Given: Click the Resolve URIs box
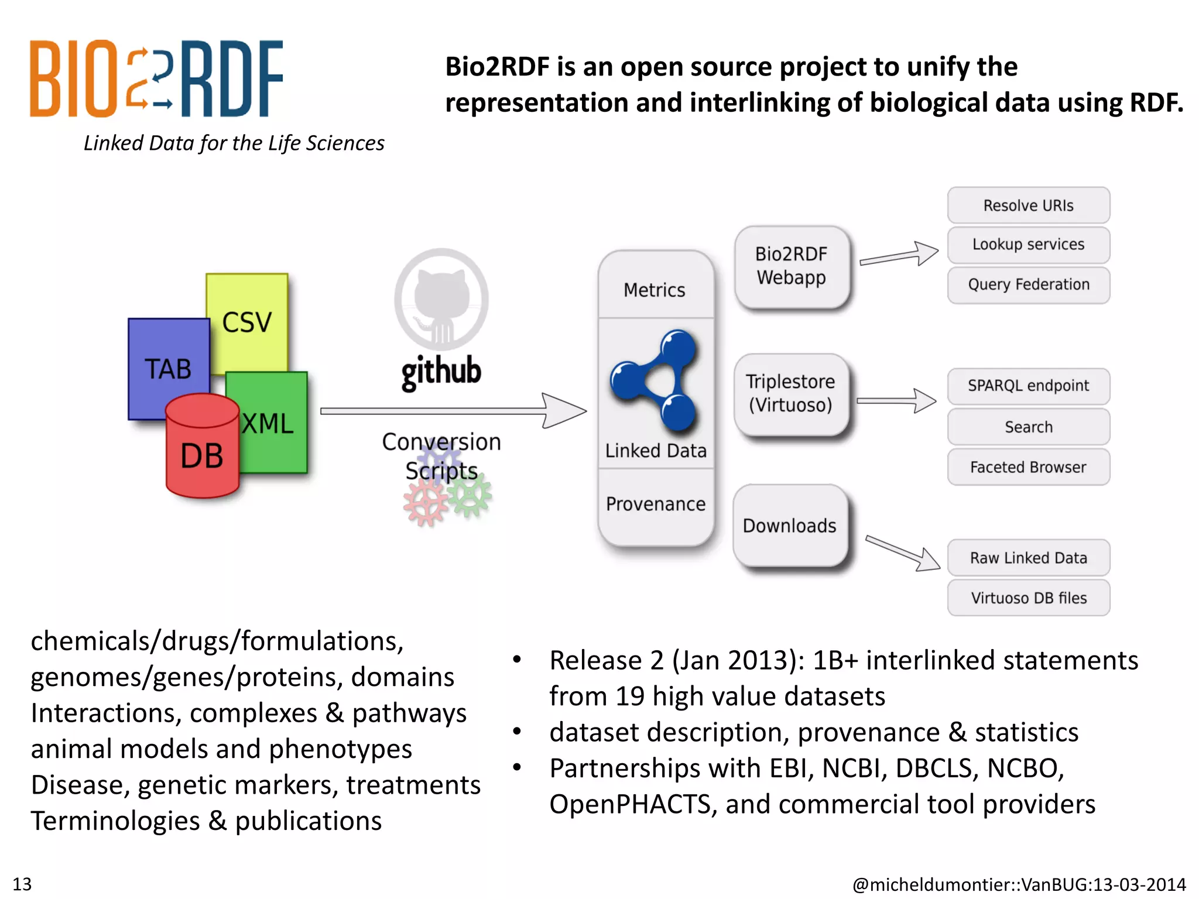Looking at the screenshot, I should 1028,205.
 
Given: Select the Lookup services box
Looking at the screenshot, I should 1028,245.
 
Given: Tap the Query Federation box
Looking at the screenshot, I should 1028,285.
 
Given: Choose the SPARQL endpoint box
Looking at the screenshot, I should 1028,386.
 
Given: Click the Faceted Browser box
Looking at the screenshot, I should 1028,467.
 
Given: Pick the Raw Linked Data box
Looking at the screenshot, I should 1028,558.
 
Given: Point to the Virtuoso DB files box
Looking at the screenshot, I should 1028,598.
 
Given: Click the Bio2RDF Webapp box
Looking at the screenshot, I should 791,266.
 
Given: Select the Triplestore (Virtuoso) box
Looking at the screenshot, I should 790,394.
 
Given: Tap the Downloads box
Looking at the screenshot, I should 790,526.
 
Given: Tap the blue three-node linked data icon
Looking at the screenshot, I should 656,380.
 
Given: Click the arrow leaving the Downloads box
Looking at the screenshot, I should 902,553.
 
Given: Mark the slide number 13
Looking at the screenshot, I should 22,884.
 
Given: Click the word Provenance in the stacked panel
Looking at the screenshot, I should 656,504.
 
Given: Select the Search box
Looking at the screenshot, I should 1028,427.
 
